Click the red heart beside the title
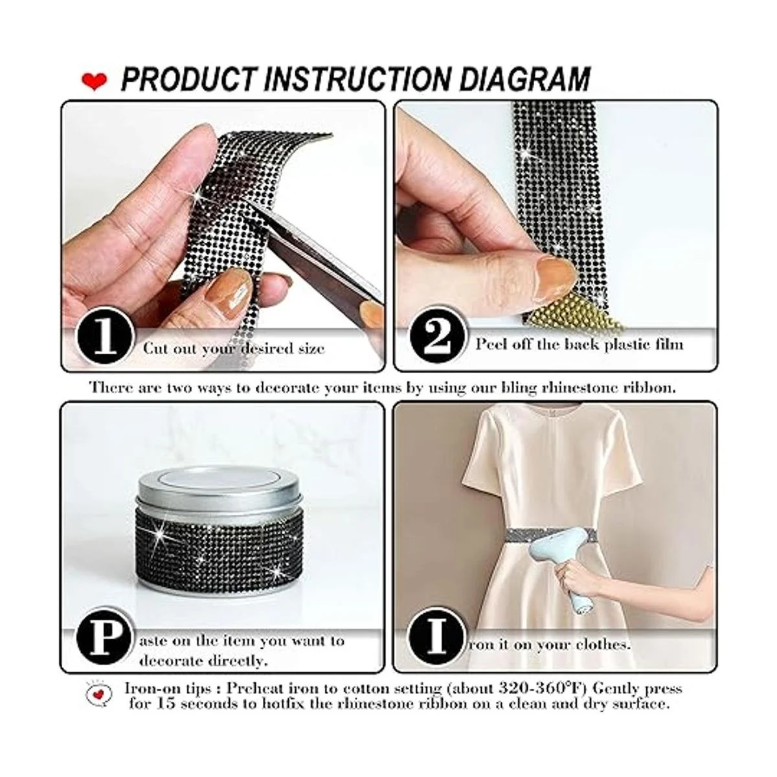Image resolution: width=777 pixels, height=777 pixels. coord(95,81)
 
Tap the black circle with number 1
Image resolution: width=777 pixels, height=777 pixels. coord(105,338)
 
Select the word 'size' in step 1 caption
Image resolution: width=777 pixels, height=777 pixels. coord(309,348)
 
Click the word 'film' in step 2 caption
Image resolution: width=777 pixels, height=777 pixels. coord(668,344)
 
